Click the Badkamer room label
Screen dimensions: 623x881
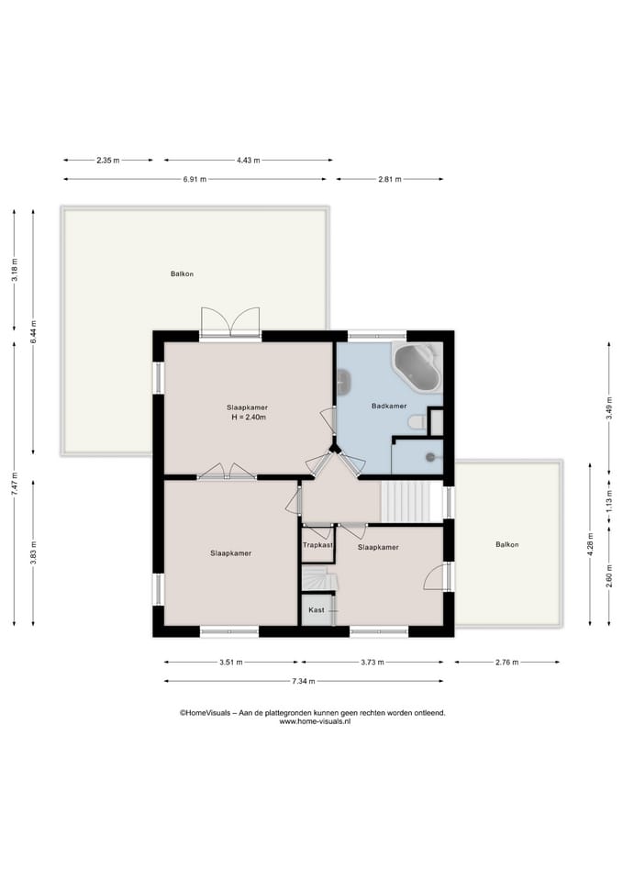click(x=389, y=406)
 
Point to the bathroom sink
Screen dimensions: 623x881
click(x=344, y=382)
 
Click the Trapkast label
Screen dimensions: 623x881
click(x=318, y=545)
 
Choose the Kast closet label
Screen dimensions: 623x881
click(x=317, y=609)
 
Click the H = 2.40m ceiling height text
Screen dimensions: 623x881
click(x=249, y=418)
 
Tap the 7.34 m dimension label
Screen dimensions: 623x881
click(x=304, y=681)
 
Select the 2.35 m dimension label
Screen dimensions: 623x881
click(x=108, y=160)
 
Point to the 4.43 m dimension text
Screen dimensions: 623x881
click(x=249, y=160)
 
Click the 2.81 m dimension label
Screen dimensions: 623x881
click(x=390, y=179)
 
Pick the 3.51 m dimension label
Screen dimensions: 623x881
click(x=231, y=662)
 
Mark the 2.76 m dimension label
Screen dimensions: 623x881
click(x=506, y=662)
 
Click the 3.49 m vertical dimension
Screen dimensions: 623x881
click(x=609, y=408)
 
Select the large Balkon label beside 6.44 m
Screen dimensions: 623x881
click(x=182, y=273)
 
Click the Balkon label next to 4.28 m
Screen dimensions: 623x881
click(x=506, y=544)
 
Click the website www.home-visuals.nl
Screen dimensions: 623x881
click(x=315, y=721)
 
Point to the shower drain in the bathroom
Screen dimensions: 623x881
click(x=430, y=457)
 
